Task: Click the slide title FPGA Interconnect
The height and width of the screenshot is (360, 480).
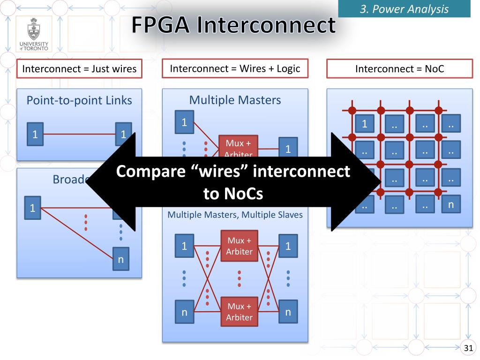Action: [233, 26]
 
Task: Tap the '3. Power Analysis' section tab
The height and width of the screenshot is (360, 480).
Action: [404, 8]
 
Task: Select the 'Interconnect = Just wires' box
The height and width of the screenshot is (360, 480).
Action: [79, 69]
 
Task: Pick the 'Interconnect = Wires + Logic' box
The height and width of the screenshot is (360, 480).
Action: [235, 68]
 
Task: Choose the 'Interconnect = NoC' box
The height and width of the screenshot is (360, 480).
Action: [399, 69]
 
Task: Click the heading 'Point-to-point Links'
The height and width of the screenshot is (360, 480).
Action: [79, 100]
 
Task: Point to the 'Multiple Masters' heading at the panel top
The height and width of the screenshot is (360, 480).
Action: [235, 99]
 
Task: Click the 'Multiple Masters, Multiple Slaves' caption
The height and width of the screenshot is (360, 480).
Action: [235, 215]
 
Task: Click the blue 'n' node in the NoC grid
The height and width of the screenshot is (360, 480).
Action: [451, 204]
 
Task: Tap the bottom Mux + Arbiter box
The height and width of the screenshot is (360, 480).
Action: [240, 312]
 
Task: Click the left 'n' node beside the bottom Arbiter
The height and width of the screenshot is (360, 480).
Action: [184, 312]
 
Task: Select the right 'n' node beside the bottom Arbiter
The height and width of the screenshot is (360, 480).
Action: [288, 312]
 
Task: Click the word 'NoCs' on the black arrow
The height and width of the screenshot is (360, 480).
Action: [232, 194]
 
